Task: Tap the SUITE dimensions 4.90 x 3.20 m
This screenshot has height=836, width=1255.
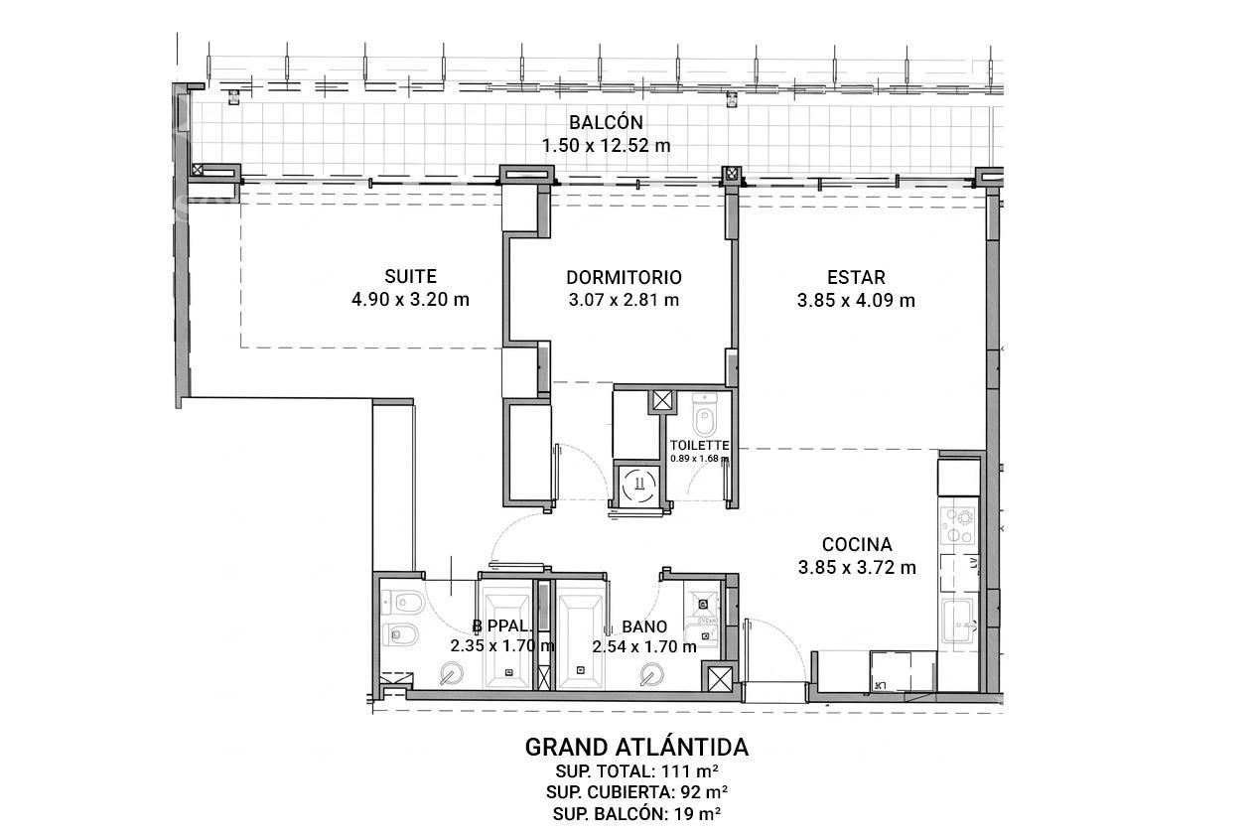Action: pos(410,300)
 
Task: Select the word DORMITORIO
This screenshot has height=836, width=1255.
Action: pos(624,277)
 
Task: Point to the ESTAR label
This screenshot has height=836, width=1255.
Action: pos(856,277)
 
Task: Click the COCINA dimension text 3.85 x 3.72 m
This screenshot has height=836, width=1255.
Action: pos(857,568)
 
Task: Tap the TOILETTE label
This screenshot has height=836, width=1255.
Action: pos(700,446)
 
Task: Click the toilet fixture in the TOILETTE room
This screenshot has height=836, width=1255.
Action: pos(704,415)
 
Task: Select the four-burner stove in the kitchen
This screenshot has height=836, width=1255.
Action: pos(958,525)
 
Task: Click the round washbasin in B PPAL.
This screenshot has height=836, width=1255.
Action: pos(451,673)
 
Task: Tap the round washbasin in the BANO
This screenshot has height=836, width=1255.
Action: pos(652,674)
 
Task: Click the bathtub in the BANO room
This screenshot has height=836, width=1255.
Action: pos(581,641)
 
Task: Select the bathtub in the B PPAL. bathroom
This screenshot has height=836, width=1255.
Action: pos(506,641)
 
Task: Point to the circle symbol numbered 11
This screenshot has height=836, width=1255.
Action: pos(638,484)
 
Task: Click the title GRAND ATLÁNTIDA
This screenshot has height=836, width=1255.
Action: pos(636,747)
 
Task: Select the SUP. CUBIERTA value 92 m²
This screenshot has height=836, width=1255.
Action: pos(704,792)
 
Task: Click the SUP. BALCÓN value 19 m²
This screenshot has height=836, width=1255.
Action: pos(698,813)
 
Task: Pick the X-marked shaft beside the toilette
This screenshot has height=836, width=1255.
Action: pos(662,401)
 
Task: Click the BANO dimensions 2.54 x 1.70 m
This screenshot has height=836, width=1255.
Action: pos(644,647)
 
